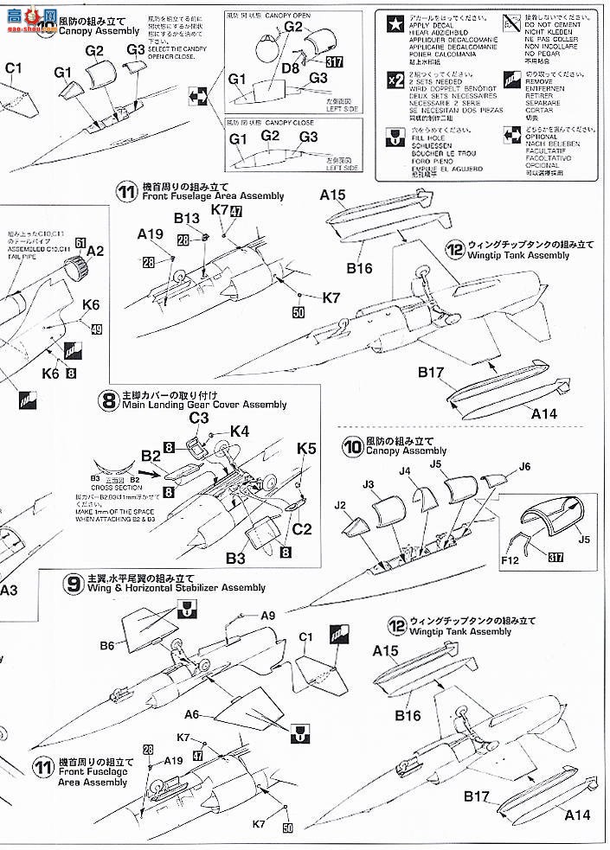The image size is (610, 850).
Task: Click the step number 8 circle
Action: tap(109, 400)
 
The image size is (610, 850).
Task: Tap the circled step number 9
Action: tap(73, 582)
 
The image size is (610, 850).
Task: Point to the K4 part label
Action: tap(240, 431)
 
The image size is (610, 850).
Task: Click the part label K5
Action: tap(307, 449)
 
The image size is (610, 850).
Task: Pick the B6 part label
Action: tap(107, 645)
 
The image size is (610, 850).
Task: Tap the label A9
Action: tap(268, 615)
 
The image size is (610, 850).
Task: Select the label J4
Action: tap(408, 471)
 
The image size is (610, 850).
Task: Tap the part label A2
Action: tap(95, 251)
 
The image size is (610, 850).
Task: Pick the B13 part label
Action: tap(187, 219)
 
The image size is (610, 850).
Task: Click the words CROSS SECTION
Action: tap(110, 487)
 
